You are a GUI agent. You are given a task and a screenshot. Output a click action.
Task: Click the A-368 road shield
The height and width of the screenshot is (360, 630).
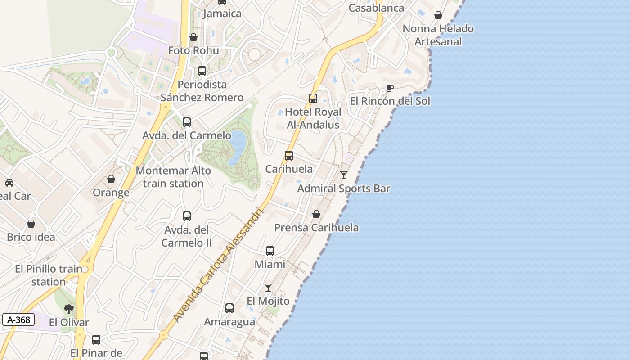coord(18,320)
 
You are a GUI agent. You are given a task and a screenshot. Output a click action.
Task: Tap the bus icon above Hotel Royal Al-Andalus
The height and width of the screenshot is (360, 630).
coord(313,99)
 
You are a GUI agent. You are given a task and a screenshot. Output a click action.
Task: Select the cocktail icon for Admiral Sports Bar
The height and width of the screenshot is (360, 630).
coord(344,175)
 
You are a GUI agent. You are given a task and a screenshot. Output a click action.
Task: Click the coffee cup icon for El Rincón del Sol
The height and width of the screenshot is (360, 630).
coord(390,88)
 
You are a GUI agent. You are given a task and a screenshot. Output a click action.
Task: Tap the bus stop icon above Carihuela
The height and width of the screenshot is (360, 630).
coord(289,156)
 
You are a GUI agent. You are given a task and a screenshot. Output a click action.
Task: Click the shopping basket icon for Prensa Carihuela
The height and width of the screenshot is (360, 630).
coord(316,214)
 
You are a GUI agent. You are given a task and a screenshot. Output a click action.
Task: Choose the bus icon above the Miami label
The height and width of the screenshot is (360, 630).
coord(270,251)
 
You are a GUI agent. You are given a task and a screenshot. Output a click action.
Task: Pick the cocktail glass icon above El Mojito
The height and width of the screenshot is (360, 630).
coord(268,287)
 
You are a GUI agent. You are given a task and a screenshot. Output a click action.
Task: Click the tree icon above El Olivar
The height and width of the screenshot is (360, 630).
coord(69,309)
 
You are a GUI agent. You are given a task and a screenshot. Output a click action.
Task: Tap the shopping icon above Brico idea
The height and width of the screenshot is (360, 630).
coord(31,224)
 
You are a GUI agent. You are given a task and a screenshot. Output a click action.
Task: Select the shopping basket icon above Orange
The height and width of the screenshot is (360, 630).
coord(111,179)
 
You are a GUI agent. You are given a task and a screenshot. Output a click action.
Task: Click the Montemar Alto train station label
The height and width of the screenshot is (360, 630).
coord(173,177)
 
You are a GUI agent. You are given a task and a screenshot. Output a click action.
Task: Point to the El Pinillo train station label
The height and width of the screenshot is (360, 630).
coord(49,275)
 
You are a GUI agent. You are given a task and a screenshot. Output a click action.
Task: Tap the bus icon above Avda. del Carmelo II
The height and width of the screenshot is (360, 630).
coord(187,216)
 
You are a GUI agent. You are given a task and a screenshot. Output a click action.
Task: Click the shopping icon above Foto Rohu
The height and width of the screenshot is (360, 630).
coord(193,37)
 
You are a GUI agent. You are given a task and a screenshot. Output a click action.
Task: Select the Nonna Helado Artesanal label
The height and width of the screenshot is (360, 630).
coord(438,35)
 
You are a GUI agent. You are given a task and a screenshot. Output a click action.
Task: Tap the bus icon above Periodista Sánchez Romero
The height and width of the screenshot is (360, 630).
coord(202,71)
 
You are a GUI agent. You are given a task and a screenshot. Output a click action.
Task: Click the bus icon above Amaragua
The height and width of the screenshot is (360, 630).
coord(229,308)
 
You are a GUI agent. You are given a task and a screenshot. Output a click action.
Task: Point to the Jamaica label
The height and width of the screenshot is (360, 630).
coord(222,13)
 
